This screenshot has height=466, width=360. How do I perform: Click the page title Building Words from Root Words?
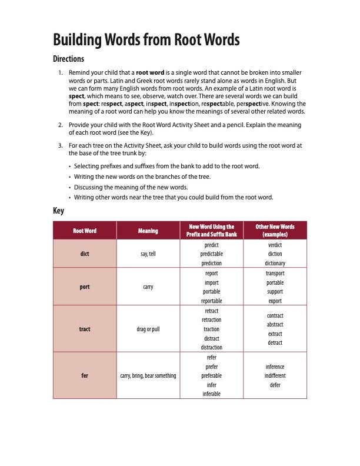(x=146, y=40)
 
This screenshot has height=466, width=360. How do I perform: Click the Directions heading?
(x=69, y=59)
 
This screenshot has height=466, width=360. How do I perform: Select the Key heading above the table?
(x=58, y=211)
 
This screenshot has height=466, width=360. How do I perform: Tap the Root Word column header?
(x=85, y=231)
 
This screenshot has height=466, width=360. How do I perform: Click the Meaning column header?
(x=148, y=231)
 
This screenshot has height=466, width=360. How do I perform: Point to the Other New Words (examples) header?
(x=275, y=231)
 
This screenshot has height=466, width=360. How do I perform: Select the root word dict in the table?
(x=85, y=254)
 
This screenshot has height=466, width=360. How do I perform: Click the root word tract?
(x=85, y=329)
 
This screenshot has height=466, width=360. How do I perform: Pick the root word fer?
(x=85, y=375)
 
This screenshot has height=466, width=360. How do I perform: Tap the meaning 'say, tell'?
(x=148, y=254)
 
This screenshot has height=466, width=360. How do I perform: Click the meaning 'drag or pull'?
(x=148, y=329)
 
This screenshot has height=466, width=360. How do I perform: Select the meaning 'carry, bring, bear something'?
(x=148, y=375)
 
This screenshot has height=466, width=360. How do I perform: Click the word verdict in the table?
(x=275, y=245)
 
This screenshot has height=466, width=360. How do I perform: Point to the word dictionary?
(x=275, y=264)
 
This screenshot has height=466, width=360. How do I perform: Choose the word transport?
(x=275, y=274)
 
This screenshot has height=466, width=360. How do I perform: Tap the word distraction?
(x=212, y=348)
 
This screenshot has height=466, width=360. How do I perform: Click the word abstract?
(x=275, y=325)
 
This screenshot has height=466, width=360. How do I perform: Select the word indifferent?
(x=275, y=375)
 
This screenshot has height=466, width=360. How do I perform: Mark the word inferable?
(x=212, y=394)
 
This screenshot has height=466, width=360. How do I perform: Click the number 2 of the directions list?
(x=60, y=125)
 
